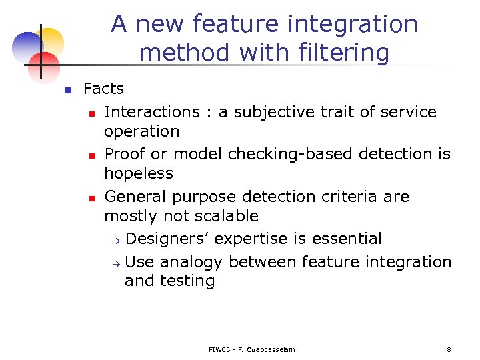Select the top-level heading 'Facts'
[103, 89]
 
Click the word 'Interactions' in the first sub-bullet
[152, 112]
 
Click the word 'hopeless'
[138, 173]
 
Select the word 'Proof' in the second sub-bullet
[125, 154]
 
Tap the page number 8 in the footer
[449, 349]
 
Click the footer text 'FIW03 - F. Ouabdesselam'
[251, 349]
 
